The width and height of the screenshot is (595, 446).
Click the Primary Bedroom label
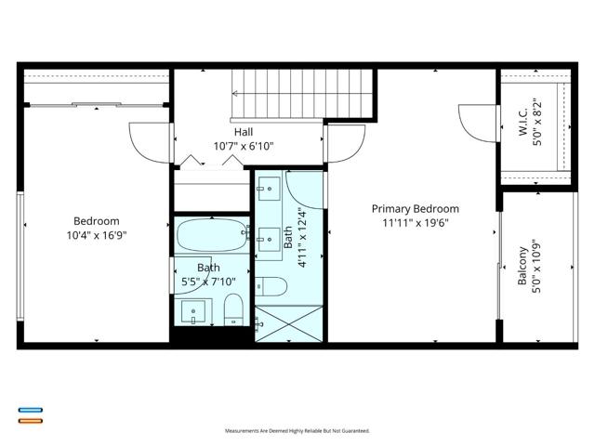(x=416, y=209)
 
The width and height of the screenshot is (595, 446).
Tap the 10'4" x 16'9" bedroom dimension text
(x=97, y=235)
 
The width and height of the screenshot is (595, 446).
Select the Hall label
(x=244, y=132)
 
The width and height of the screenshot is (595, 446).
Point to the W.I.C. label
(x=523, y=122)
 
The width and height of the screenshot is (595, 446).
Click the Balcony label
(x=522, y=266)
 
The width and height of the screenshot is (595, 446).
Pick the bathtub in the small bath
(x=213, y=235)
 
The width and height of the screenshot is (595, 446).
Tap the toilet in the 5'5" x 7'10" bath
(x=233, y=309)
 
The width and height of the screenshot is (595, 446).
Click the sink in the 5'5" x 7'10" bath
(x=193, y=311)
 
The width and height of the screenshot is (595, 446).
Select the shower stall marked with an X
(x=289, y=323)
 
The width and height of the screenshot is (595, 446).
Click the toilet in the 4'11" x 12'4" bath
(x=271, y=286)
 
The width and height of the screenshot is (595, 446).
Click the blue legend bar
(x=31, y=410)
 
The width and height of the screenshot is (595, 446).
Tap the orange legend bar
(x=31, y=421)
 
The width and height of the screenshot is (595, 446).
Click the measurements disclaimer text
(x=297, y=431)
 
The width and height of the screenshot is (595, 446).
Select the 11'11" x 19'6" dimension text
(x=416, y=223)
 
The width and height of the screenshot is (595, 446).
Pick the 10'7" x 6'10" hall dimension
(x=244, y=146)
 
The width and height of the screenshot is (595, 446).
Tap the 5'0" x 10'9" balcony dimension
(x=536, y=266)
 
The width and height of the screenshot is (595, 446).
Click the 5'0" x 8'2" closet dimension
(x=537, y=122)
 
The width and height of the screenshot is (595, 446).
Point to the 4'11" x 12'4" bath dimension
(x=302, y=238)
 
